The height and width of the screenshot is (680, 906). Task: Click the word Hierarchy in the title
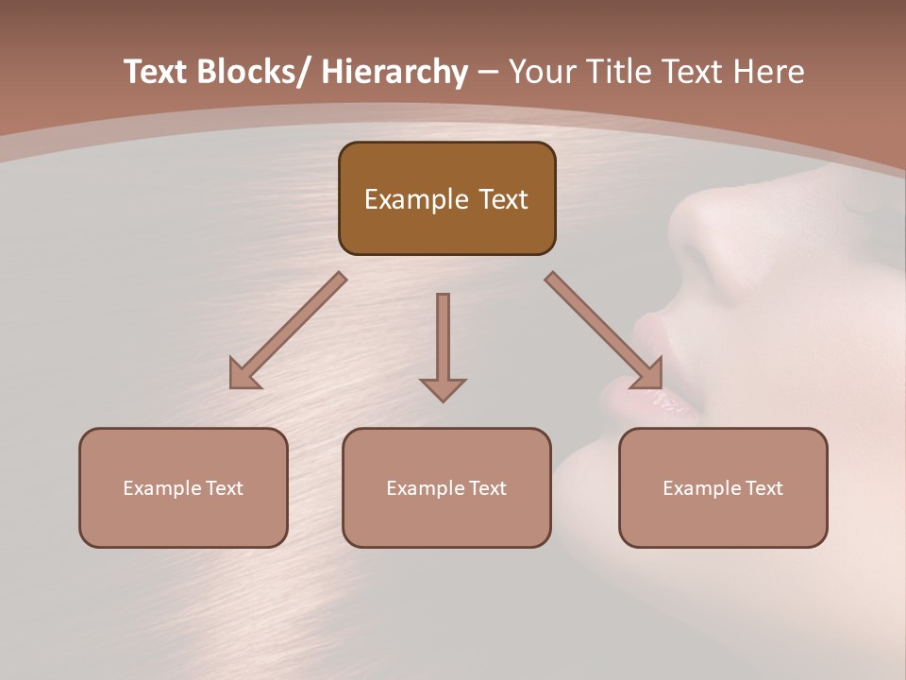coord(394,72)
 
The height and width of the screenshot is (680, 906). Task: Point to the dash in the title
coord(488,72)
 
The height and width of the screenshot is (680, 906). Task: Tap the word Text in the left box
coord(225,488)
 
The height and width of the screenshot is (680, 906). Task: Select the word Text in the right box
coord(764,488)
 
